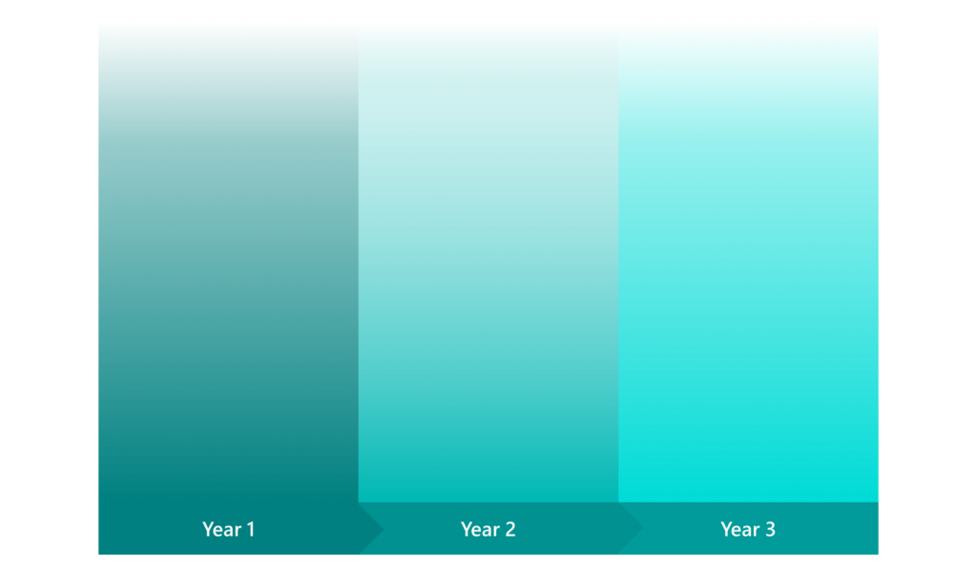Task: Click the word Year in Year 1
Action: [221, 529]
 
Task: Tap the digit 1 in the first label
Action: [251, 529]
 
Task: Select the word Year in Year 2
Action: [480, 529]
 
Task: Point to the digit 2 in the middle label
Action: [510, 529]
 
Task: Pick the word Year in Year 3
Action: [739, 529]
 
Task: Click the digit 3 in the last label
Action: [770, 529]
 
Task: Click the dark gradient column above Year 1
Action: [228, 258]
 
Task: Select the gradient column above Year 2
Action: [488, 258]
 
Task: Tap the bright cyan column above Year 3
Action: [748, 258]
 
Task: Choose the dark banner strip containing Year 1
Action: [153, 528]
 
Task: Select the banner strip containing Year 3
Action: [830, 528]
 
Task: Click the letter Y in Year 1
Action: [207, 529]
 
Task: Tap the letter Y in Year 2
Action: [466, 529]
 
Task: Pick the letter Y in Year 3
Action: [725, 529]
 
